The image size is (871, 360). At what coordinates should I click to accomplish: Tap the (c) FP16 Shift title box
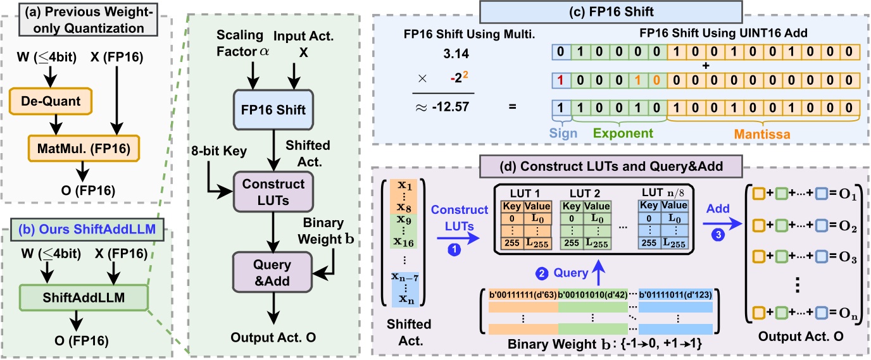click(579, 11)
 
